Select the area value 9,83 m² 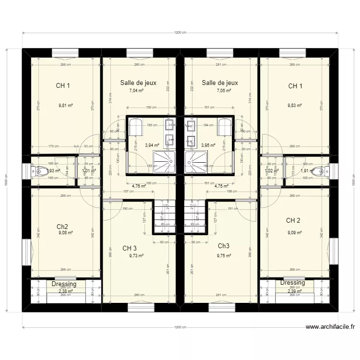tap(294, 106)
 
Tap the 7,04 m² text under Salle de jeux tap(137, 90)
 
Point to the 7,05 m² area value tap(224, 90)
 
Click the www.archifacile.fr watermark tap(331, 328)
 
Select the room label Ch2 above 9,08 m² tap(62, 227)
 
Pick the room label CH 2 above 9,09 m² tap(293, 221)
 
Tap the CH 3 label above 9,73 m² tap(130, 249)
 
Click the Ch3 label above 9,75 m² tap(224, 246)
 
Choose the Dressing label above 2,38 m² tap(64, 284)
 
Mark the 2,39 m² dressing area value tap(294, 291)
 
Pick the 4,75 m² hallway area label tap(221, 186)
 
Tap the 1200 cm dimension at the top tap(180, 33)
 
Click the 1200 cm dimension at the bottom tap(180, 327)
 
